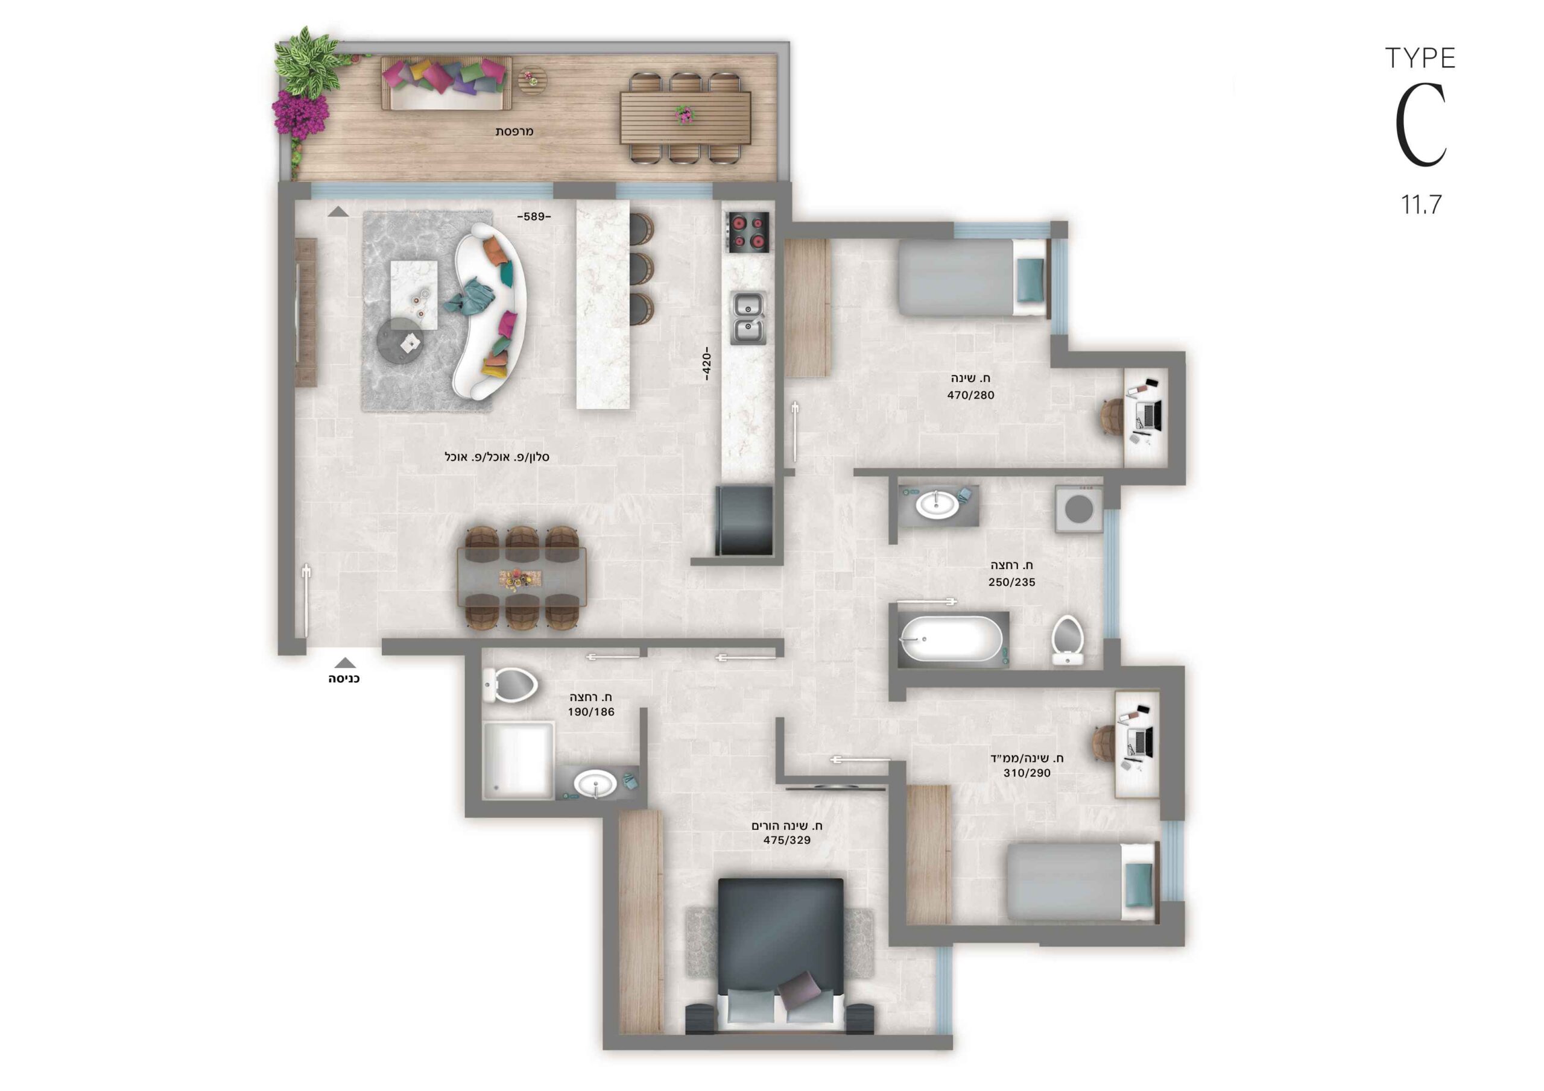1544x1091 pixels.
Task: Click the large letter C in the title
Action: pyautogui.click(x=1420, y=126)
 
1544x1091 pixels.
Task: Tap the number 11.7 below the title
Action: pyautogui.click(x=1421, y=204)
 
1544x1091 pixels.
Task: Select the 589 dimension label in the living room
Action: pyautogui.click(x=534, y=216)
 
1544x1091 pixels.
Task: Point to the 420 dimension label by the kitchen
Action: pyautogui.click(x=706, y=363)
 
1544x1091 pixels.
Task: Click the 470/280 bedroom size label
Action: pyautogui.click(x=970, y=395)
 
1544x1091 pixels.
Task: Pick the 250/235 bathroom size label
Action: pyautogui.click(x=1011, y=582)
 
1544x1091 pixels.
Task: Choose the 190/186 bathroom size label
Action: pyautogui.click(x=591, y=712)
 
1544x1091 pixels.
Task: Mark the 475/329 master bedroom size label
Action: pyautogui.click(x=787, y=840)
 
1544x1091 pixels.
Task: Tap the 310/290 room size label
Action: pyautogui.click(x=1027, y=773)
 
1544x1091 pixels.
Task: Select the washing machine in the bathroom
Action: pyautogui.click(x=1078, y=509)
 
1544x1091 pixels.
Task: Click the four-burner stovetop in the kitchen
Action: pyautogui.click(x=747, y=232)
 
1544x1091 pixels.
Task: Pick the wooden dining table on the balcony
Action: pyautogui.click(x=685, y=118)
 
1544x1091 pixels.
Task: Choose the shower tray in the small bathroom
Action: pyautogui.click(x=519, y=761)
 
